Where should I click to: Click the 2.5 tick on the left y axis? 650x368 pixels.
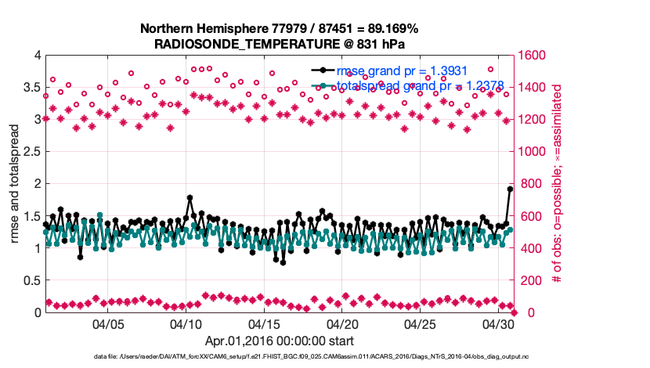[31, 152]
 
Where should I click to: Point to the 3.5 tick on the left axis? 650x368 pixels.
[31, 88]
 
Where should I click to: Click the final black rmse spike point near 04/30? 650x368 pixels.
[510, 189]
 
